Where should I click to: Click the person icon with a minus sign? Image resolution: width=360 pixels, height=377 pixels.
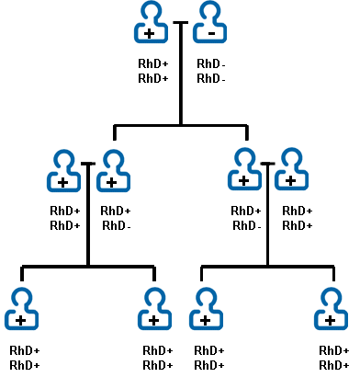click(211, 22)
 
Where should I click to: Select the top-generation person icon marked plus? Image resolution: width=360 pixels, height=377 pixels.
click(150, 22)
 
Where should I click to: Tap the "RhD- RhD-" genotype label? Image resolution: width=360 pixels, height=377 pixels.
click(211, 72)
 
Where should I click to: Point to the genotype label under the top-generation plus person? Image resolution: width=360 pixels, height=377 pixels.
click(152, 72)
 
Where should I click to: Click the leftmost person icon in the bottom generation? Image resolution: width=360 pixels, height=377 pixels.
click(21, 309)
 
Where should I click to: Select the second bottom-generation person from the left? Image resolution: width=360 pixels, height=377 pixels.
click(153, 309)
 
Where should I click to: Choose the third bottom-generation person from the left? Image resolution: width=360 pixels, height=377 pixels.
click(205, 309)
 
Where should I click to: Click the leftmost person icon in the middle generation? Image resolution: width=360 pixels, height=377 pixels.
click(63, 170)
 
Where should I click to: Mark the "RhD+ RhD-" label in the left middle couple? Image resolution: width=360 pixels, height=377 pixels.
click(116, 219)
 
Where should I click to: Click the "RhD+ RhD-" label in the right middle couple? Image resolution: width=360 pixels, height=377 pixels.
click(246, 219)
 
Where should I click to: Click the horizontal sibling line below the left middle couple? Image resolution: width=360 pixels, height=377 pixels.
click(88, 266)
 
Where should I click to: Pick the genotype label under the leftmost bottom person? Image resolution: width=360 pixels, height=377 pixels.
click(25, 358)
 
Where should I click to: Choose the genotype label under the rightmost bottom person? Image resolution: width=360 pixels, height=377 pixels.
click(333, 358)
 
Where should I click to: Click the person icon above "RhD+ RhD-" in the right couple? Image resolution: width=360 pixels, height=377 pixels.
click(244, 169)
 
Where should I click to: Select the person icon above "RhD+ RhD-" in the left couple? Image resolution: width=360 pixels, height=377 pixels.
click(112, 170)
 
